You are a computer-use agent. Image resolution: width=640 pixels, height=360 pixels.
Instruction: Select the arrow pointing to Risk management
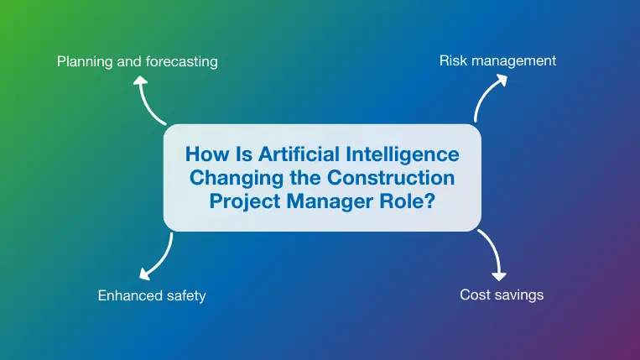488,96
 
